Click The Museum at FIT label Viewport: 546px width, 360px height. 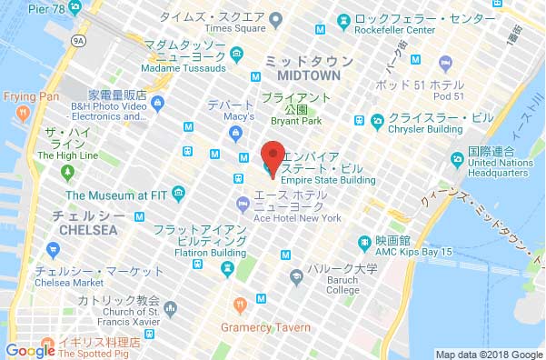click(115, 195)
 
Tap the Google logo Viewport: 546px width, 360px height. click(29, 350)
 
